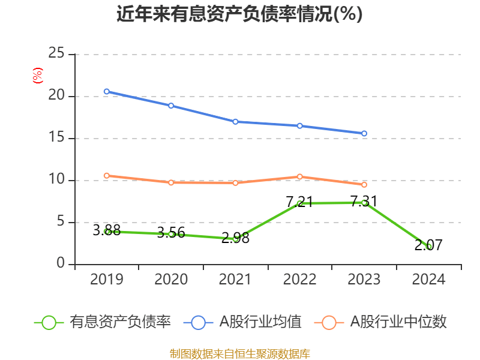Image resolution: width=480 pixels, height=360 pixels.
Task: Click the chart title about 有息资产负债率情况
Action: coord(239,14)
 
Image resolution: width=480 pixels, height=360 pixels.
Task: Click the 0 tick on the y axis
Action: coord(61,264)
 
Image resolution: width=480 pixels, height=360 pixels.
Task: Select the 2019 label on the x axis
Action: coord(106,279)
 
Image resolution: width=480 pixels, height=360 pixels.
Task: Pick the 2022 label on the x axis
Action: coord(299,279)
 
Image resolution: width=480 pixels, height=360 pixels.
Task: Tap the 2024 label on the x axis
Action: coord(428,279)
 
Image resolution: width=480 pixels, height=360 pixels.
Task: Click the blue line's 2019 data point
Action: coord(106,91)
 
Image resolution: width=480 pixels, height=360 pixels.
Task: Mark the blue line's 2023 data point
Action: coord(364,133)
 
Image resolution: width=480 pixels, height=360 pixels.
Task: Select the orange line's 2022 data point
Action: coord(299,176)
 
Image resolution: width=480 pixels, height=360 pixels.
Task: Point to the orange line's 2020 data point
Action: coord(171,182)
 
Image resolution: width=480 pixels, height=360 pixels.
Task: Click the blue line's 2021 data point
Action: coord(235,121)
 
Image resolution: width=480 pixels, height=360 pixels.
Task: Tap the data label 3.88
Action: coord(107,230)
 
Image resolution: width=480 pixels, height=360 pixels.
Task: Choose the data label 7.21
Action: coord(299,202)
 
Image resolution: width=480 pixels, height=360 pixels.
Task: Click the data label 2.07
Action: coord(428,245)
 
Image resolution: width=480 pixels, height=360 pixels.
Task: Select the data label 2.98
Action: coord(235,238)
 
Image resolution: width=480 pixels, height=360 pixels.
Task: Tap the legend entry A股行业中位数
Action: coord(398,322)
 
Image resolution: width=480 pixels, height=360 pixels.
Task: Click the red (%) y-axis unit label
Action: coord(37,76)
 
